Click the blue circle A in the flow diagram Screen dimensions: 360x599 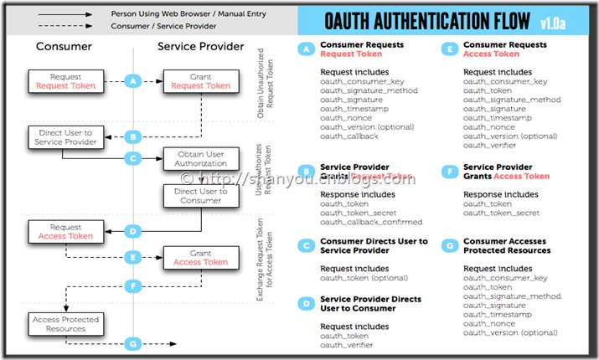pyautogui.click(x=132, y=81)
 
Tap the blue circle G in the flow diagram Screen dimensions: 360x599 pyautogui.click(x=132, y=342)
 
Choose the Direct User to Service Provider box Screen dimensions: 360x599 pyautogui.click(x=65, y=137)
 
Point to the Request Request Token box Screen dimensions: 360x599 pyautogui.click(x=65, y=81)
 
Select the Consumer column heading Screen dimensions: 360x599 pyautogui.click(x=64, y=47)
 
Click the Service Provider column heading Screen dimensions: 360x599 pyautogui.click(x=201, y=47)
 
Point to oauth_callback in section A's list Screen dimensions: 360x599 pyautogui.click(x=349, y=136)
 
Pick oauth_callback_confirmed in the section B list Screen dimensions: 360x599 pyautogui.click(x=371, y=222)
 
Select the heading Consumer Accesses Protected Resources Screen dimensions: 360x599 pyautogui.click(x=507, y=245)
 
